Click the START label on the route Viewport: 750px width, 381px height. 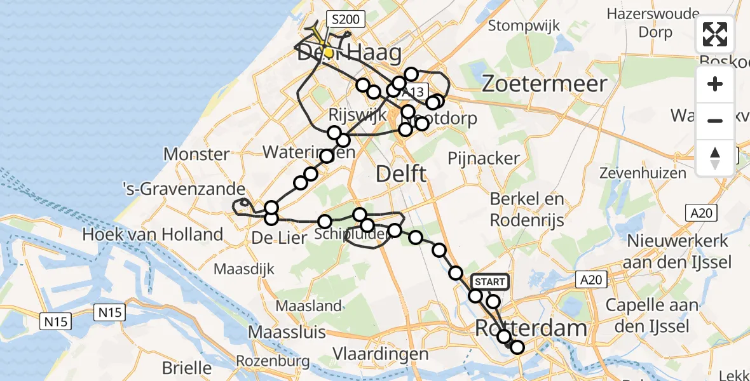pyautogui.click(x=489, y=282)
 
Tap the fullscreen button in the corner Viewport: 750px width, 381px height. pyautogui.click(x=715, y=34)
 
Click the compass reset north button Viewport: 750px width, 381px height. pyautogui.click(x=715, y=157)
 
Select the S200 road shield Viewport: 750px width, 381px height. pyautogui.click(x=345, y=19)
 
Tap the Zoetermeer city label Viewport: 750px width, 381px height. pyautogui.click(x=545, y=83)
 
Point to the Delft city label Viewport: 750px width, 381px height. pyautogui.click(x=400, y=173)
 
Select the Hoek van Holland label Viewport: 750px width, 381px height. pyautogui.click(x=153, y=234)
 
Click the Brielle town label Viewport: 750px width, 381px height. pyautogui.click(x=186, y=367)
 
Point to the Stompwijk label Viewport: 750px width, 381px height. pyautogui.click(x=524, y=26)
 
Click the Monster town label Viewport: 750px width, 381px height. pyautogui.click(x=196, y=154)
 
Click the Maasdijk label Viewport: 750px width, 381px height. pyautogui.click(x=244, y=269)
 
